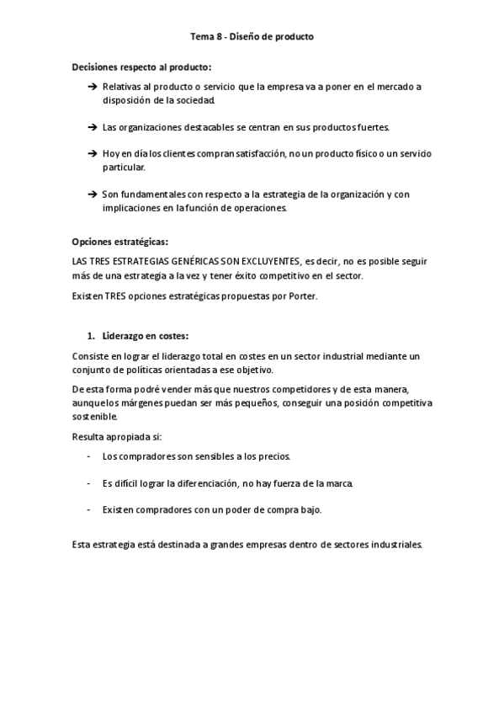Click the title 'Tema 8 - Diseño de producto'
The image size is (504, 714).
pyautogui.click(x=252, y=37)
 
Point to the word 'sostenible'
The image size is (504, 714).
pyautogui.click(x=95, y=417)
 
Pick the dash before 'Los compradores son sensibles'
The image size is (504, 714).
pyautogui.click(x=89, y=456)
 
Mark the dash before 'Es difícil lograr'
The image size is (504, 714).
pyautogui.click(x=89, y=483)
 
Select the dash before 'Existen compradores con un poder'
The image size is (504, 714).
pyautogui.click(x=89, y=510)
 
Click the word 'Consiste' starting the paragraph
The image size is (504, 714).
pyautogui.click(x=90, y=356)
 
